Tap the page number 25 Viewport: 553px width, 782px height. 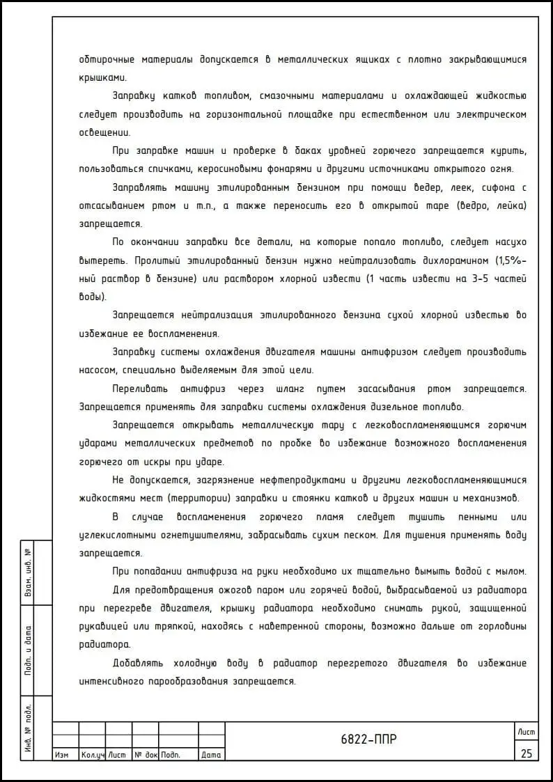tap(526, 753)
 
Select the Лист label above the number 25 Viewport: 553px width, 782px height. tap(526, 730)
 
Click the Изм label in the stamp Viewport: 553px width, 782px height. tap(61, 755)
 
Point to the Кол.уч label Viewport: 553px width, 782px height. tap(92, 755)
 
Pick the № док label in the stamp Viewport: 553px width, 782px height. tap(146, 755)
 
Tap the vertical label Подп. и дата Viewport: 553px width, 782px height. tap(28, 650)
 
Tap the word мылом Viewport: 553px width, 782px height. tap(511, 572)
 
